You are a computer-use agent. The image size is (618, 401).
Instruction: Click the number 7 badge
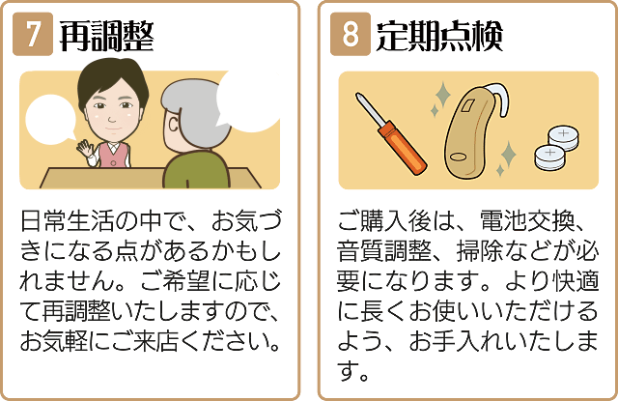33,34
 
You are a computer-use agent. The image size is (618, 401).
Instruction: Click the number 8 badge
351,34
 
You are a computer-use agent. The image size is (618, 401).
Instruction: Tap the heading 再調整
106,37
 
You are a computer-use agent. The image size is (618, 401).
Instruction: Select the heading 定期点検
439,37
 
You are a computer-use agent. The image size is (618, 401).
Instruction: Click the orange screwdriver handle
402,147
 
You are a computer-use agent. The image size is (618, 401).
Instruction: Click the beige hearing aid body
468,134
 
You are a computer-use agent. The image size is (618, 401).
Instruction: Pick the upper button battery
564,138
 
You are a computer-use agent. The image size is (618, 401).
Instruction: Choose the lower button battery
550,158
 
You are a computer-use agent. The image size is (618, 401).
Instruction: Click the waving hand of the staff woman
84,149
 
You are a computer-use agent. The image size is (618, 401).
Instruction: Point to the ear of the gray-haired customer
173,125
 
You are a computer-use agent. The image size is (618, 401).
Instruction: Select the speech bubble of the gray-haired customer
247,101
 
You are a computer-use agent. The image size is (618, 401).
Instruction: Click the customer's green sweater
196,170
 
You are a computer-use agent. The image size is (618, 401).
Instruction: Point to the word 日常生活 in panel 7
68,221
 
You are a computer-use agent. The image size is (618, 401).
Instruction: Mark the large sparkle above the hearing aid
442,95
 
